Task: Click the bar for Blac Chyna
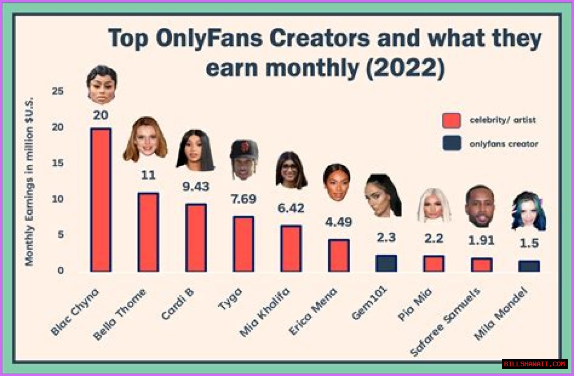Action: [x=100, y=200]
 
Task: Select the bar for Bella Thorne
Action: [x=148, y=232]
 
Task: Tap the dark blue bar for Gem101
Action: [x=386, y=263]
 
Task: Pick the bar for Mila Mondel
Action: [x=529, y=266]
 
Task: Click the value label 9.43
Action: [x=196, y=186]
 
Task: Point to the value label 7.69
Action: [x=244, y=199]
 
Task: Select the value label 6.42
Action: [x=291, y=208]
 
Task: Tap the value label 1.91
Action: [x=481, y=240]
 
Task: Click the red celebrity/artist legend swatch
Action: [x=451, y=120]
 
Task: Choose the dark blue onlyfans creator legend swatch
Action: [x=451, y=144]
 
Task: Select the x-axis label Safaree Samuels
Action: [x=446, y=321]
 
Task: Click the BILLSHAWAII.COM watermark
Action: [x=535, y=364]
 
